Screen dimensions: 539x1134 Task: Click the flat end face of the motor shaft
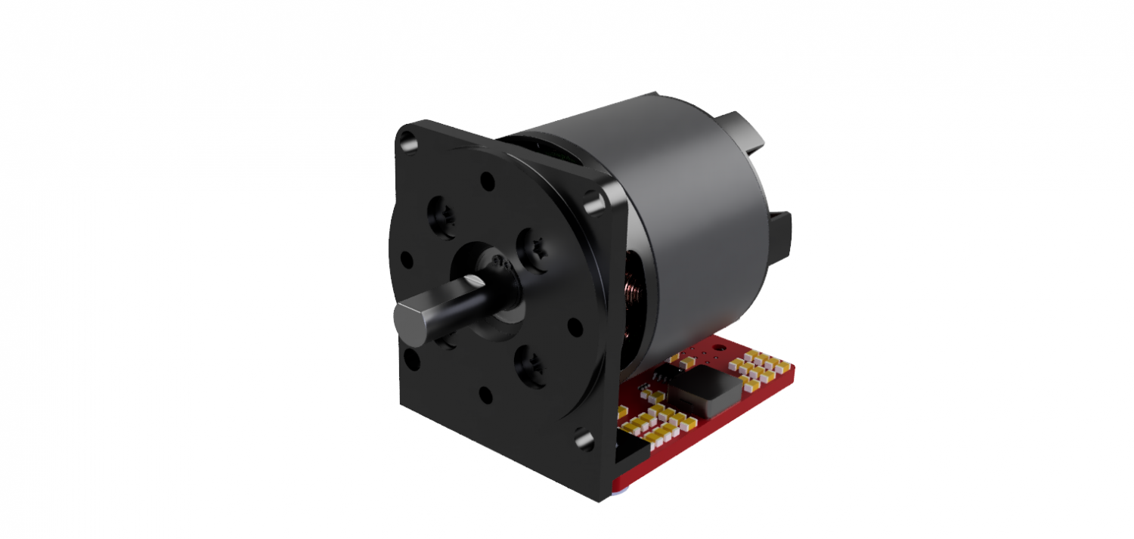(x=409, y=321)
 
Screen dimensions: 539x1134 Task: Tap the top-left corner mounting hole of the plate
(x=407, y=140)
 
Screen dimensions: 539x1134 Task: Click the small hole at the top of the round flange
(x=488, y=182)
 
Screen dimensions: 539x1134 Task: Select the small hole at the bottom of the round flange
(x=485, y=394)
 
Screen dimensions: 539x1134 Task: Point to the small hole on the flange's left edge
(x=407, y=260)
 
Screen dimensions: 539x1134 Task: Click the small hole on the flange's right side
(x=575, y=327)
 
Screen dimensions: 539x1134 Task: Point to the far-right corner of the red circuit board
(x=794, y=370)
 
